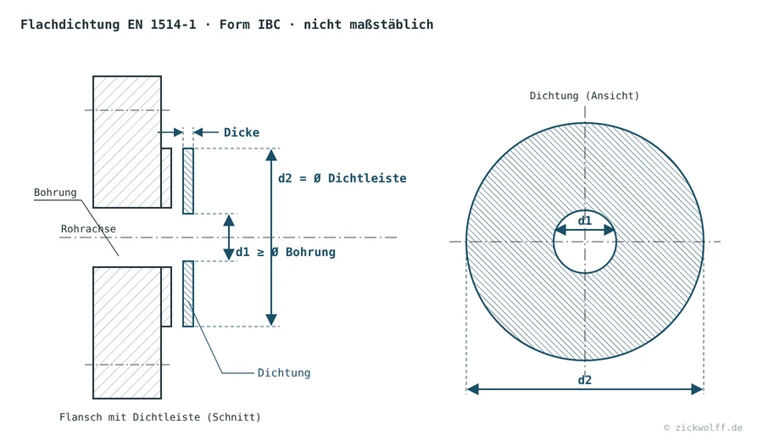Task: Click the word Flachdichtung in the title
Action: [x=70, y=25]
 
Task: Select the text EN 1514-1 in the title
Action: [x=162, y=25]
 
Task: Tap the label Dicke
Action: [x=242, y=132]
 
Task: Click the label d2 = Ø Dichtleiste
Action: [x=343, y=178]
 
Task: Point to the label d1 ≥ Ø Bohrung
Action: [x=286, y=252]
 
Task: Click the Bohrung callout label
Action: [x=55, y=193]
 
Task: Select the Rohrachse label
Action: [x=88, y=229]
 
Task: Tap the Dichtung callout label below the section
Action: [x=284, y=373]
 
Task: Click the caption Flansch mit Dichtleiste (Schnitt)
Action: [x=160, y=417]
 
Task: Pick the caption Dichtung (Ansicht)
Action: [x=584, y=96]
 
